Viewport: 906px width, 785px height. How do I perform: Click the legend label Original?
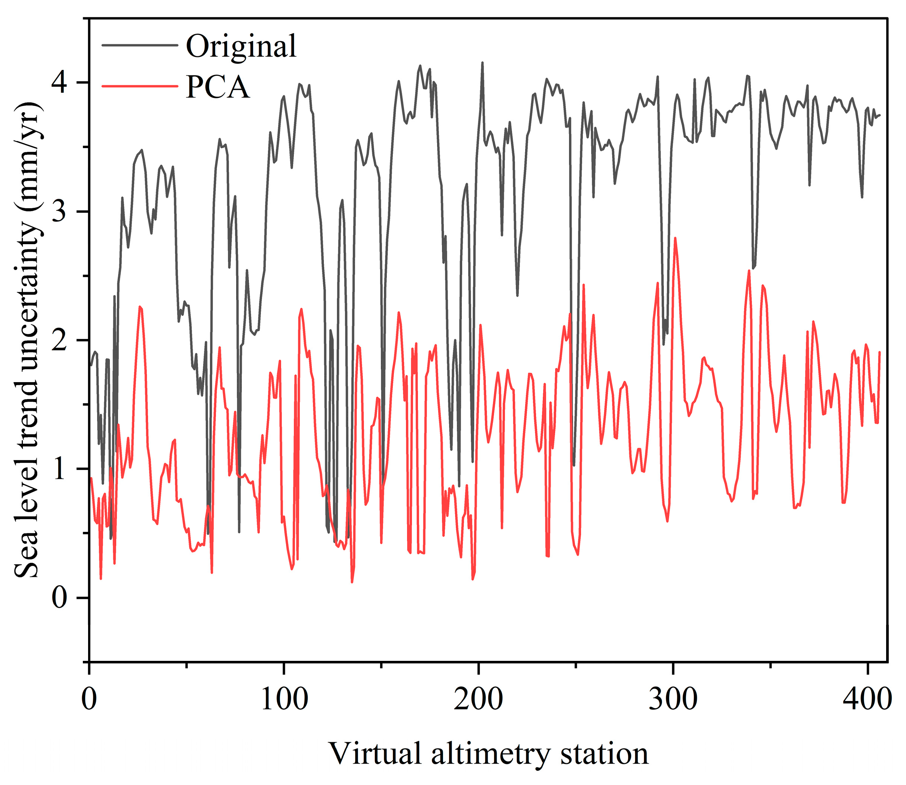click(x=241, y=46)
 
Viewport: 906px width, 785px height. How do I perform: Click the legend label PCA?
click(x=218, y=87)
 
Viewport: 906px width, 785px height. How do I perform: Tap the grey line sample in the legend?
click(x=140, y=45)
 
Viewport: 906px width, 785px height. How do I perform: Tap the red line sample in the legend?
click(x=140, y=86)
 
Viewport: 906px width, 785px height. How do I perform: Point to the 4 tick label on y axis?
click(x=60, y=83)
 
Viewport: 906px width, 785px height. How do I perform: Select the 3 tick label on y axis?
click(x=60, y=212)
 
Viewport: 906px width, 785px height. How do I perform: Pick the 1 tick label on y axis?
click(x=60, y=469)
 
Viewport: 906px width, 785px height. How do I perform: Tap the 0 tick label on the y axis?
click(x=60, y=598)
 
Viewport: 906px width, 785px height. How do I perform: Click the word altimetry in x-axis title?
click(x=490, y=754)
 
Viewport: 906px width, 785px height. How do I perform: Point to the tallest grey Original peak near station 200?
click(x=482, y=63)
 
